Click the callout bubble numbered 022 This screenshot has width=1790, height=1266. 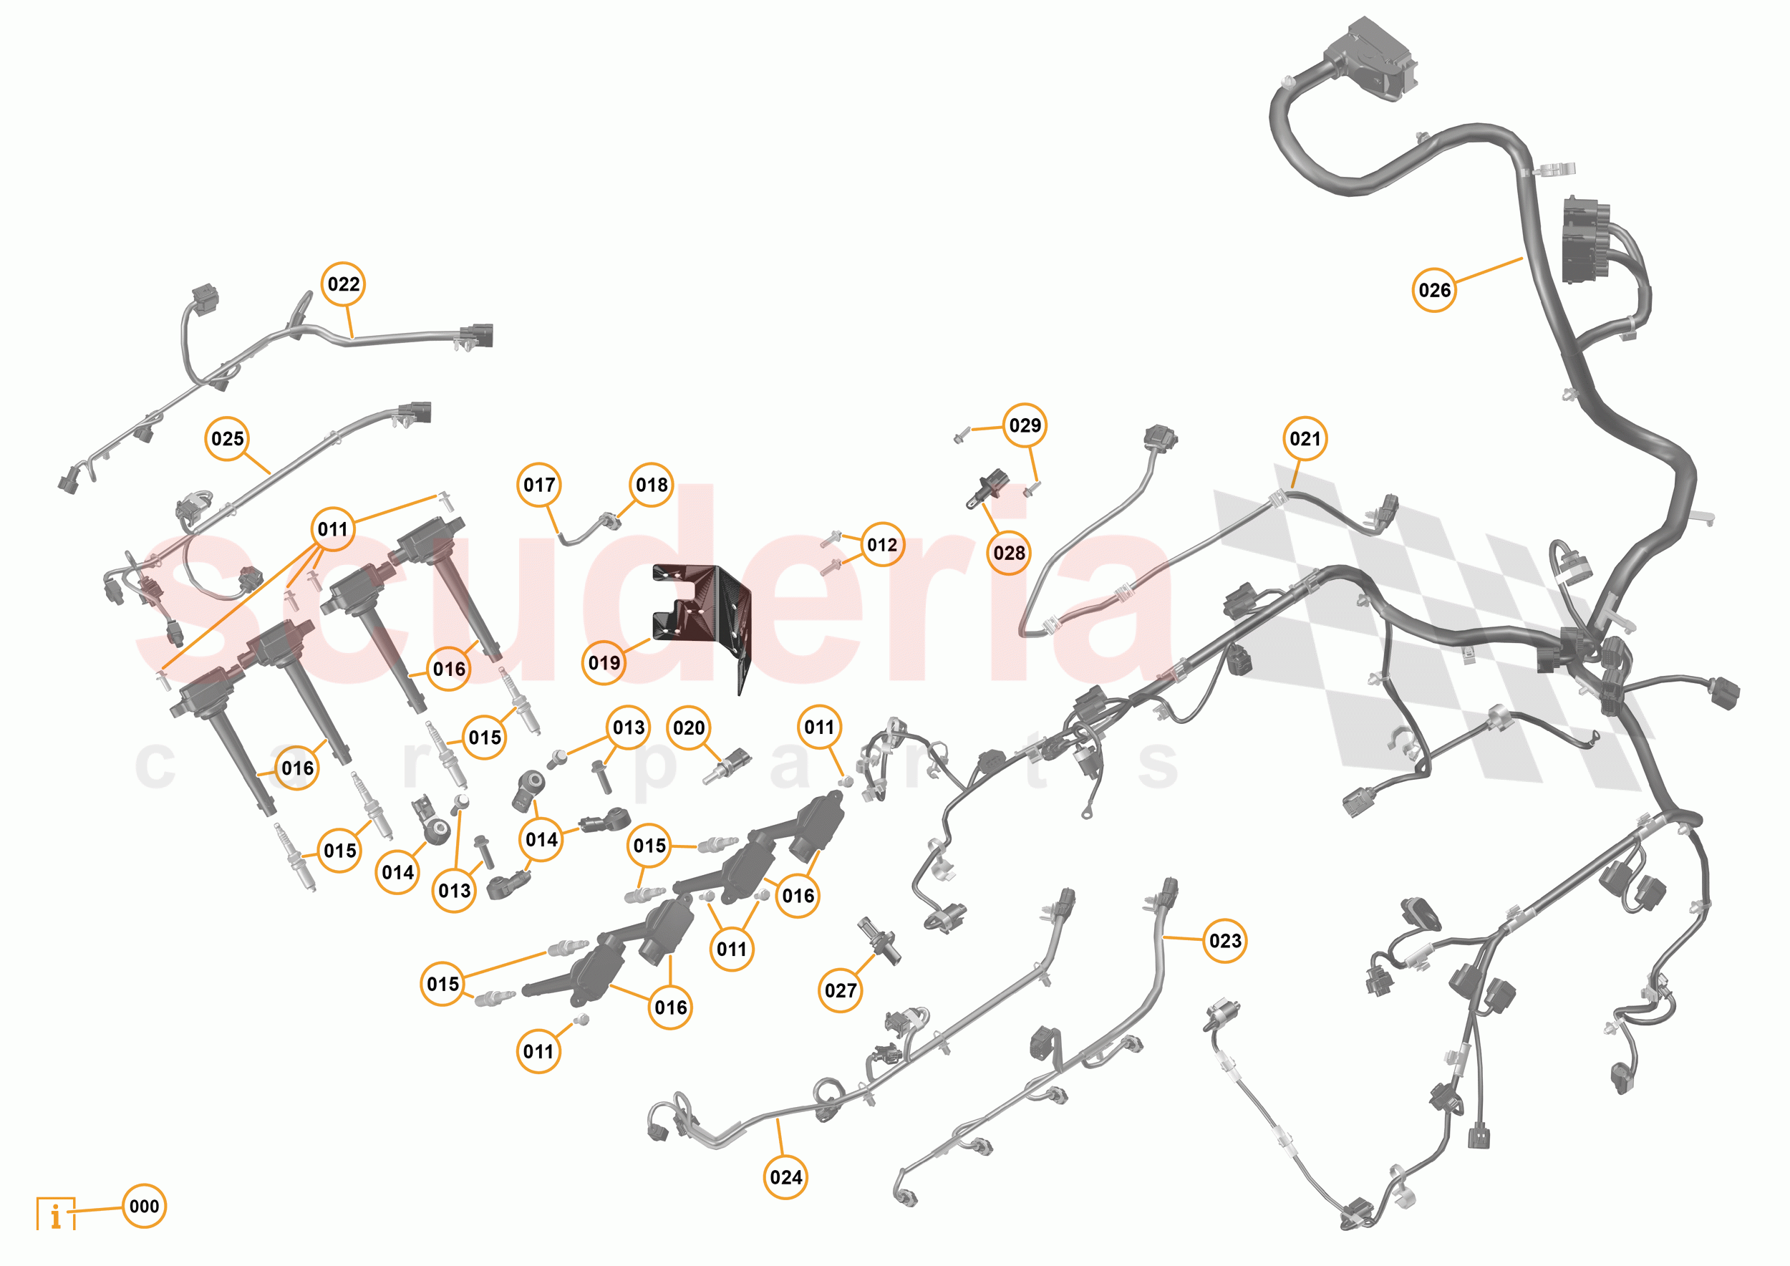tap(344, 284)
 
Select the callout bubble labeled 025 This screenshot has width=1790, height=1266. tap(227, 438)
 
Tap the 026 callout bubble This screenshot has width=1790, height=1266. tap(1433, 290)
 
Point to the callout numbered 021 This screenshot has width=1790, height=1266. tap(1305, 438)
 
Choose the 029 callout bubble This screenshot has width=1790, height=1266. tap(1025, 425)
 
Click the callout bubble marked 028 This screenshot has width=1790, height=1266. tap(1009, 553)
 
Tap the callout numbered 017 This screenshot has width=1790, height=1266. tap(538, 485)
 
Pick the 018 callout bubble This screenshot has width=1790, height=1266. tap(652, 485)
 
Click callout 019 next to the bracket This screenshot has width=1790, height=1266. tap(604, 662)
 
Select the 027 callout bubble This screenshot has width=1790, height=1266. tap(841, 990)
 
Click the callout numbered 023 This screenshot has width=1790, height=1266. tap(1225, 941)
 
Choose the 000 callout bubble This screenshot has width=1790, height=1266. tap(144, 1206)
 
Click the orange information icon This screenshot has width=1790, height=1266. tap(56, 1214)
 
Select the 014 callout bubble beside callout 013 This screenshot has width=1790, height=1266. tap(397, 872)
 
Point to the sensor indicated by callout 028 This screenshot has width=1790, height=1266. tap(989, 487)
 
